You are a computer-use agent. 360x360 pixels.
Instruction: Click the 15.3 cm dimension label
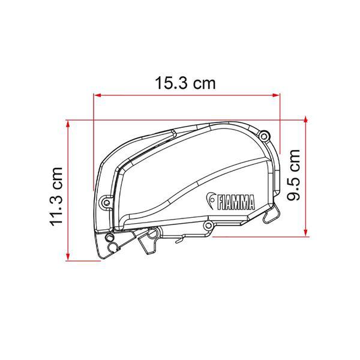[x=184, y=83]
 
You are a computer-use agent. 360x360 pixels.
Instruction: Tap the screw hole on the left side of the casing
[x=106, y=202]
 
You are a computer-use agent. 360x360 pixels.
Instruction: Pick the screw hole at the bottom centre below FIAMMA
[x=208, y=225]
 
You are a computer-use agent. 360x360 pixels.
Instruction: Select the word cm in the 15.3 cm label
[x=203, y=84]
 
